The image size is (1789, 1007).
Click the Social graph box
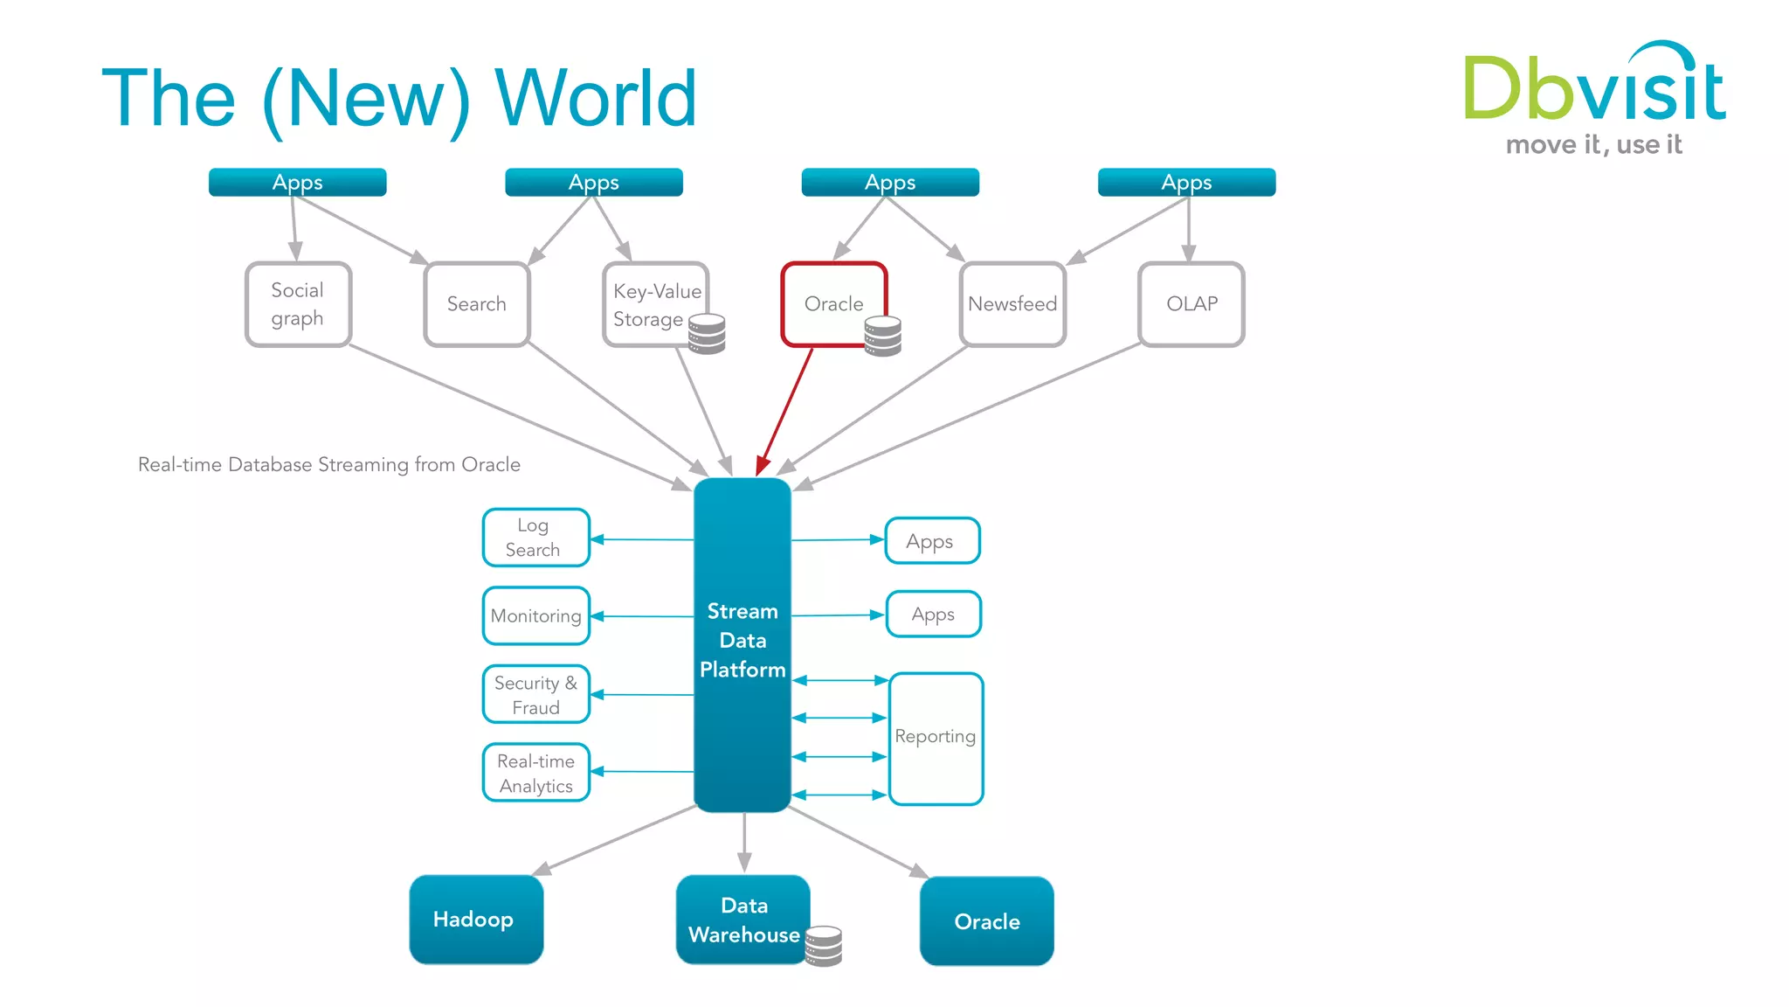[298, 304]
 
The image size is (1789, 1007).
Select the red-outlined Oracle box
[833, 304]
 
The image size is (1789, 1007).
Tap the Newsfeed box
[1012, 304]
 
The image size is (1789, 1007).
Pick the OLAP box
[1191, 304]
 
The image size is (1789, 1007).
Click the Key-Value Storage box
[655, 304]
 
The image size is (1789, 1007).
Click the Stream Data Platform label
[743, 641]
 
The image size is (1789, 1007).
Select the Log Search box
[535, 538]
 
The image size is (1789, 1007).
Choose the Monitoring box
[535, 615]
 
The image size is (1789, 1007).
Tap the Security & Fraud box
[535, 695]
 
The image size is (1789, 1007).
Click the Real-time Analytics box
[535, 773]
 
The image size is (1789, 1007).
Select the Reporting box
[936, 738]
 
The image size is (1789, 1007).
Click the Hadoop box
[476, 920]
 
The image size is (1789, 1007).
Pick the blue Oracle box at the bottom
[986, 921]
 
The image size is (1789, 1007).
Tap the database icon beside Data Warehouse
[823, 946]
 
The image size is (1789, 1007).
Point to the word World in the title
[596, 98]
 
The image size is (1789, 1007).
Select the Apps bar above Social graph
[297, 182]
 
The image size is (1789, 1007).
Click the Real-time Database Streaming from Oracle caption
[328, 464]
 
